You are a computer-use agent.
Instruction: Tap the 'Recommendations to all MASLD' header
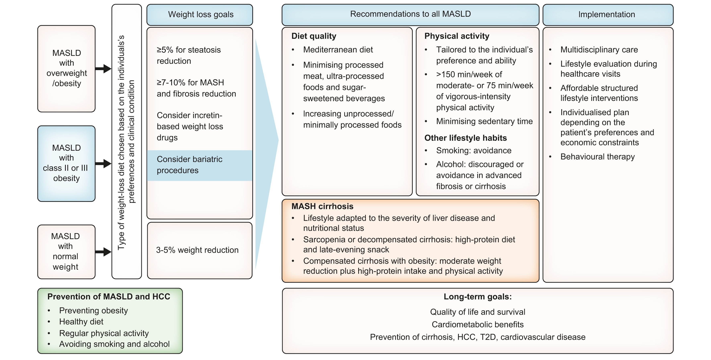pyautogui.click(x=410, y=14)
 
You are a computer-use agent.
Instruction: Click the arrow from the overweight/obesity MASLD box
pyautogui.click(x=103, y=68)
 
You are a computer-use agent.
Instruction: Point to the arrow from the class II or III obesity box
pyautogui.click(x=103, y=163)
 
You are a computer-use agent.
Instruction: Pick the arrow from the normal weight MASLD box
pyautogui.click(x=103, y=251)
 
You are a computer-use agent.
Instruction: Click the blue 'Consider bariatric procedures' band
pyautogui.click(x=199, y=165)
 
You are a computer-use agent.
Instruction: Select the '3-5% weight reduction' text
pyautogui.click(x=197, y=250)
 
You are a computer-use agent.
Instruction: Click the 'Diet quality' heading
pyautogui.click(x=314, y=36)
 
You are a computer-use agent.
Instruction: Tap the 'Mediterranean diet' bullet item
pyautogui.click(x=338, y=50)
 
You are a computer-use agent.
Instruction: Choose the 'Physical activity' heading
pyautogui.click(x=457, y=36)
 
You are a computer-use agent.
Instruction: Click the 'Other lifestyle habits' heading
pyautogui.click(x=465, y=138)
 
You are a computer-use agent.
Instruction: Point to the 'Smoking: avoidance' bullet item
pyautogui.click(x=474, y=151)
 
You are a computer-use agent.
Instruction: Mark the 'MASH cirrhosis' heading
pyautogui.click(x=322, y=206)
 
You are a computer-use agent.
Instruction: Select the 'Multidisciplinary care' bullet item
pyautogui.click(x=599, y=50)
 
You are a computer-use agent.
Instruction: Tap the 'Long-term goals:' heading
pyautogui.click(x=477, y=297)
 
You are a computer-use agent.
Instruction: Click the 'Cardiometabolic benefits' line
pyautogui.click(x=477, y=324)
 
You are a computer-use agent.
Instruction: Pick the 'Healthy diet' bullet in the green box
pyautogui.click(x=81, y=322)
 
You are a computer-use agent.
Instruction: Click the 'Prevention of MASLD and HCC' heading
pyautogui.click(x=109, y=297)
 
